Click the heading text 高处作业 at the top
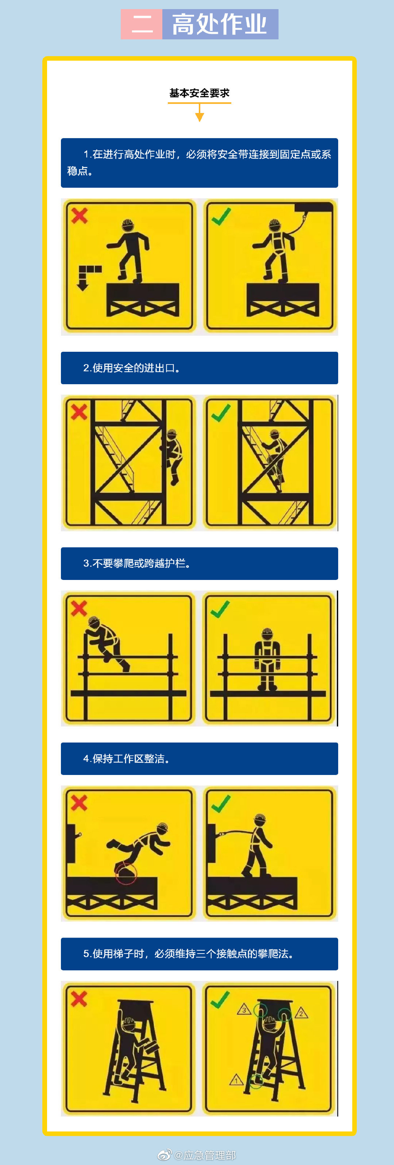(x=220, y=24)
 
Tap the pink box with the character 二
(x=141, y=24)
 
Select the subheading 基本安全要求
(x=199, y=93)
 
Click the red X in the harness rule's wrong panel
(x=79, y=216)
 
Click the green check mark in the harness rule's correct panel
(x=221, y=217)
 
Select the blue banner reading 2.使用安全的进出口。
(x=199, y=368)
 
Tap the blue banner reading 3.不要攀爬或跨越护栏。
(x=199, y=563)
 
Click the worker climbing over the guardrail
(x=107, y=642)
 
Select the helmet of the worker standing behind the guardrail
(x=267, y=632)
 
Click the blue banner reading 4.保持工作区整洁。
(x=199, y=759)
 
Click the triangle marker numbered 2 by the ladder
(x=302, y=1013)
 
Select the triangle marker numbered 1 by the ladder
(x=236, y=1080)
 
